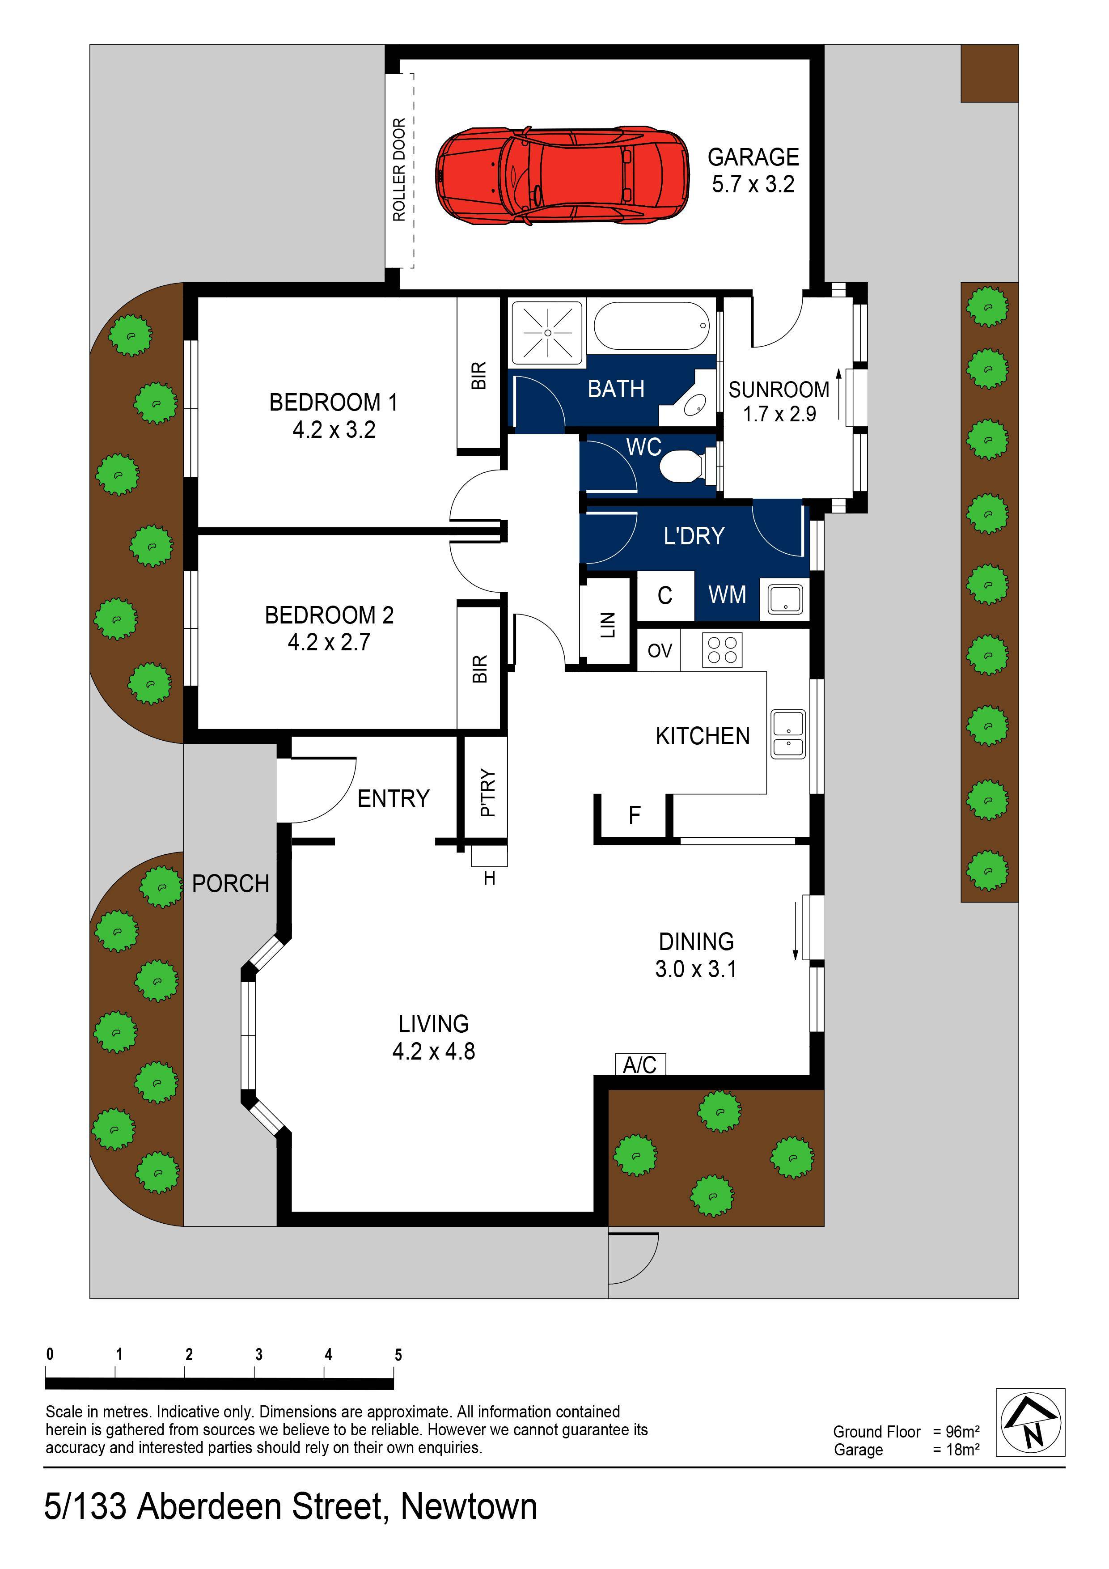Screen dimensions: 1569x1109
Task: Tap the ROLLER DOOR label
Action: [399, 170]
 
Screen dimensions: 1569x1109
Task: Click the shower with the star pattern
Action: [547, 333]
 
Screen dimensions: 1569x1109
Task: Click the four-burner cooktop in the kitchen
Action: [722, 650]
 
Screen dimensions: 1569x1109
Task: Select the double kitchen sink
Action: [788, 734]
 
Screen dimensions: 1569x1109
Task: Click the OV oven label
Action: [660, 651]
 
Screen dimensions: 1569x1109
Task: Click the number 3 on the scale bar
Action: [258, 1354]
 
